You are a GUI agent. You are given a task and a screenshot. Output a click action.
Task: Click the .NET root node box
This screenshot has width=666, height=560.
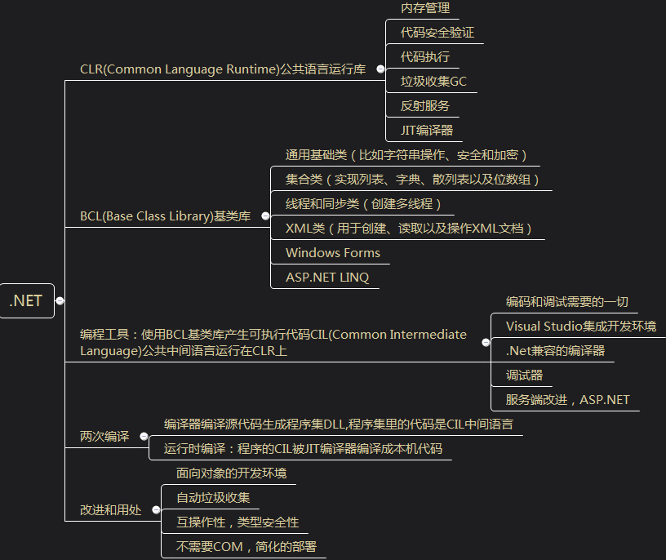coord(26,300)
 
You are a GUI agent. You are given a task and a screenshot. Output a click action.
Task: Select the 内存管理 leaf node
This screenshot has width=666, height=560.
coord(425,8)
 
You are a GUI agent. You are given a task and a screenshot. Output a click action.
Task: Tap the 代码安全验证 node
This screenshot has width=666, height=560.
coord(437,33)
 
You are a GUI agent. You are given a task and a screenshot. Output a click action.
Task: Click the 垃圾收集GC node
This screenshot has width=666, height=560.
coord(433,81)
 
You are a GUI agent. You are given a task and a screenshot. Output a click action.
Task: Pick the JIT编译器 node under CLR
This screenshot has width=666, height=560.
coord(426,130)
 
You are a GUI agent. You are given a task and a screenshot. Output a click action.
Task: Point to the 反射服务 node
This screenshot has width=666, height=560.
coord(425,105)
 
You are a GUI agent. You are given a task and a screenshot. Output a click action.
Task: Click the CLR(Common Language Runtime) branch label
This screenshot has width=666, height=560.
coord(223,69)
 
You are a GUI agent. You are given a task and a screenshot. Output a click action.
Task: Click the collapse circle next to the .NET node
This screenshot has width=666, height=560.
coord(60,301)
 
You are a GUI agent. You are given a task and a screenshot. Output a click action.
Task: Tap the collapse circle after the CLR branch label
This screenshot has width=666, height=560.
coord(380,69)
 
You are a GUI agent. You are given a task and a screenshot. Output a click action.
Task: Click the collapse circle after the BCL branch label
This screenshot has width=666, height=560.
coord(265,216)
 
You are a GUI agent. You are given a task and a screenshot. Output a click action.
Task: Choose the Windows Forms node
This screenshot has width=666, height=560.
coord(333,252)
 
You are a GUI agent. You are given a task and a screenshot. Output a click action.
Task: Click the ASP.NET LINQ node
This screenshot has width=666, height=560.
coord(327,277)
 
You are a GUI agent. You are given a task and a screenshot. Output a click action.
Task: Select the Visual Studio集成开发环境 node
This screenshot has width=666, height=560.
coord(580,326)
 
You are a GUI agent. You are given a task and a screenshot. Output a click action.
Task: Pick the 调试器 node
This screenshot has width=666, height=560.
coord(524,376)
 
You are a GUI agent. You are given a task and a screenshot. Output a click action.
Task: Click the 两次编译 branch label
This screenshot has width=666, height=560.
coord(104,436)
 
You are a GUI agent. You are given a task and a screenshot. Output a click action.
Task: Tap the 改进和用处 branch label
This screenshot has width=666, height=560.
coord(110,509)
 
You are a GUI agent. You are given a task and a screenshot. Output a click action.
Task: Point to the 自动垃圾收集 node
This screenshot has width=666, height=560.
coord(214,497)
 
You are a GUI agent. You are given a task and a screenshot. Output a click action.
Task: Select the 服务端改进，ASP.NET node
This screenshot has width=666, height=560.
coord(567,400)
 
